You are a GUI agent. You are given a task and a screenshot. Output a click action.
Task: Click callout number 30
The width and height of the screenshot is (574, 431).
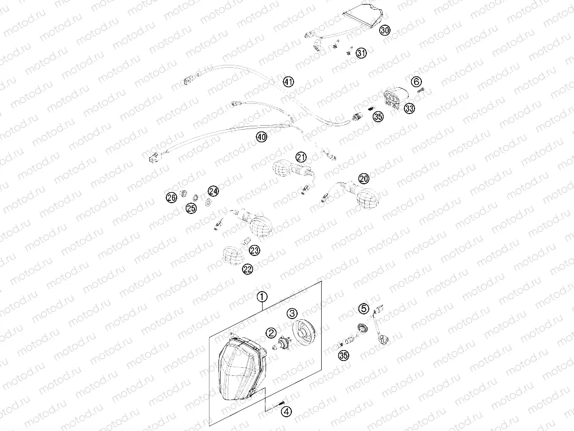[x=385, y=30]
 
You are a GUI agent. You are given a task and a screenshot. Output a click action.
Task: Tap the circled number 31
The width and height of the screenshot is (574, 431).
[x=361, y=53]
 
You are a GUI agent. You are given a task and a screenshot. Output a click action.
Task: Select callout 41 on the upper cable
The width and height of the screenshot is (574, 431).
[x=288, y=82]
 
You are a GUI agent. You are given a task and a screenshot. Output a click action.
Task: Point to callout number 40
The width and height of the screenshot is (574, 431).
[x=261, y=137]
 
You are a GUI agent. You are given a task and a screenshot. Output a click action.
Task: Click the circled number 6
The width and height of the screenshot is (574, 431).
[x=416, y=81]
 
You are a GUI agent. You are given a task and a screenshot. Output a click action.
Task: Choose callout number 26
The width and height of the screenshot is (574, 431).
[x=171, y=198]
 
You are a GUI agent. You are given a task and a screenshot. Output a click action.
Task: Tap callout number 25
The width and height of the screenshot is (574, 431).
[x=191, y=208]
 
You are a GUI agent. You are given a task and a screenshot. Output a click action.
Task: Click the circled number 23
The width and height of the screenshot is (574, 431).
[x=254, y=251]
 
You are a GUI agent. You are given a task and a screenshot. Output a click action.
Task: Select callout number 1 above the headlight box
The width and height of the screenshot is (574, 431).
[x=261, y=297]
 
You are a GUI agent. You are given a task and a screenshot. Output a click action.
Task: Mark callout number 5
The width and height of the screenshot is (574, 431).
[x=364, y=309]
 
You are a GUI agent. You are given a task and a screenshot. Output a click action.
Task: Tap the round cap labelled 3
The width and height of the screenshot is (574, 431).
[x=302, y=331]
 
